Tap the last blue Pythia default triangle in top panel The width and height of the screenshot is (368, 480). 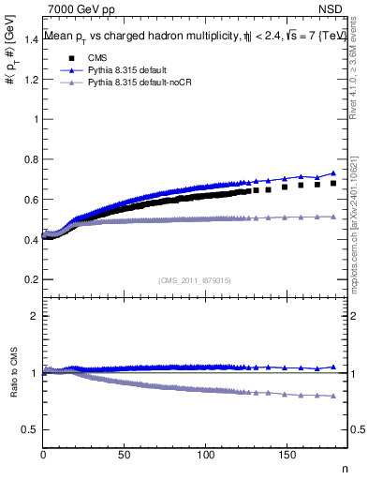333,173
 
